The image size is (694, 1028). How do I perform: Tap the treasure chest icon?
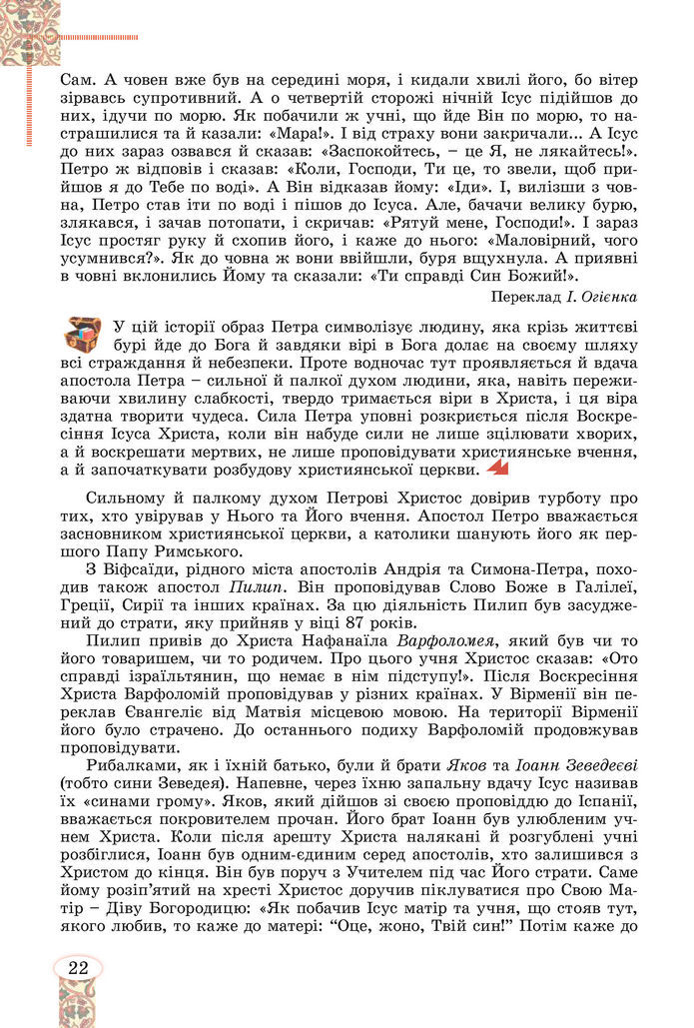pyautogui.click(x=84, y=337)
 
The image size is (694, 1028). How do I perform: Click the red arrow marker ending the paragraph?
pyautogui.click(x=496, y=469)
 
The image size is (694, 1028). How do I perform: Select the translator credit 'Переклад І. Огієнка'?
pyautogui.click(x=564, y=297)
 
